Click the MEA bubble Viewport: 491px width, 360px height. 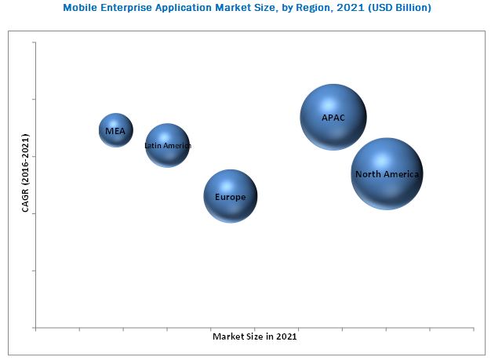coord(116,130)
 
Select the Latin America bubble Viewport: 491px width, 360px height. coord(167,145)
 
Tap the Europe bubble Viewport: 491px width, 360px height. coord(231,196)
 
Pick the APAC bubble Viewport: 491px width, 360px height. coord(333,117)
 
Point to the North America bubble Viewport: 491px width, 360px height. coord(387,173)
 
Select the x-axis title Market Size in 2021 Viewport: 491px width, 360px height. coord(255,336)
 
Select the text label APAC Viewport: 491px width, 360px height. coord(333,118)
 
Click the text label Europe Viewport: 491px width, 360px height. coord(231,197)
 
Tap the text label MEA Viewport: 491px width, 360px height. coord(115,131)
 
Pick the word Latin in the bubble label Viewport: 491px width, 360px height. coord(153,146)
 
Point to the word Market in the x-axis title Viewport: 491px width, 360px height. coord(227,336)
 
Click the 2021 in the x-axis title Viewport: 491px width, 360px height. coord(286,336)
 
